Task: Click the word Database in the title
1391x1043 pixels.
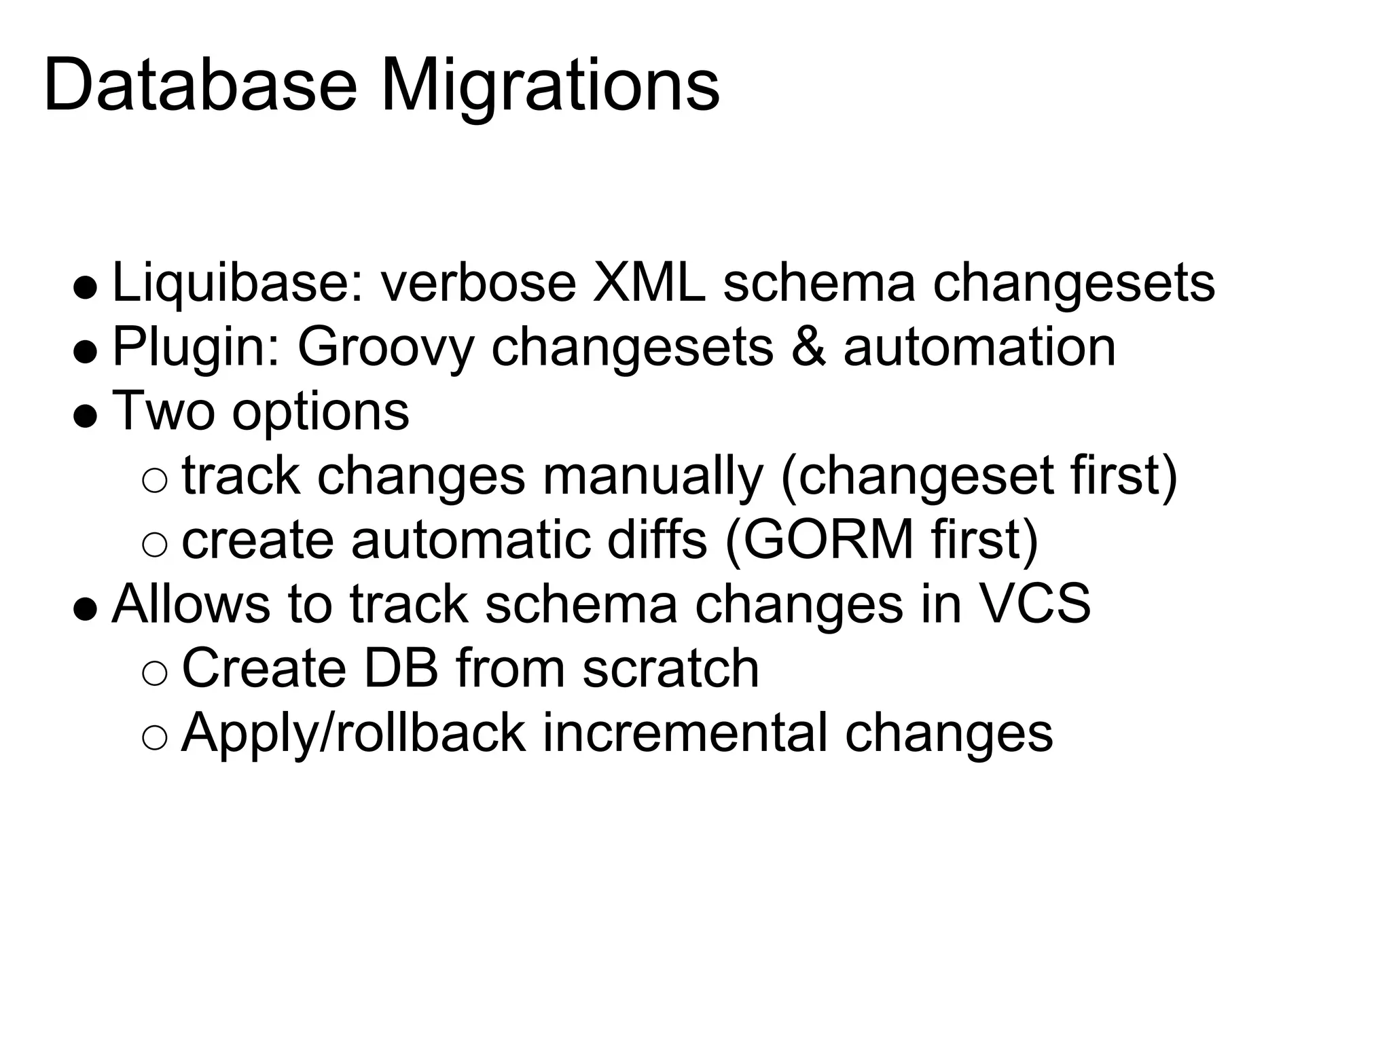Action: point(200,87)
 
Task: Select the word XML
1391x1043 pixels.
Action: point(649,282)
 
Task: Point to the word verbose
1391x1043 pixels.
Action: point(478,282)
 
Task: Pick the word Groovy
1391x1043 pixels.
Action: point(385,348)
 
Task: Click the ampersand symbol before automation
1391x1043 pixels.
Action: point(809,348)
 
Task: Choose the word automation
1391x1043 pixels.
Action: point(979,348)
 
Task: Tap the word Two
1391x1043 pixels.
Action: point(164,411)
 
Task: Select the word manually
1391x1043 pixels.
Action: point(653,476)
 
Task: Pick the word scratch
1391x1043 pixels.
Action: point(670,669)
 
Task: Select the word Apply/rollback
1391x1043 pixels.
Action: point(353,733)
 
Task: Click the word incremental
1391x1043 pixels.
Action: point(684,733)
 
